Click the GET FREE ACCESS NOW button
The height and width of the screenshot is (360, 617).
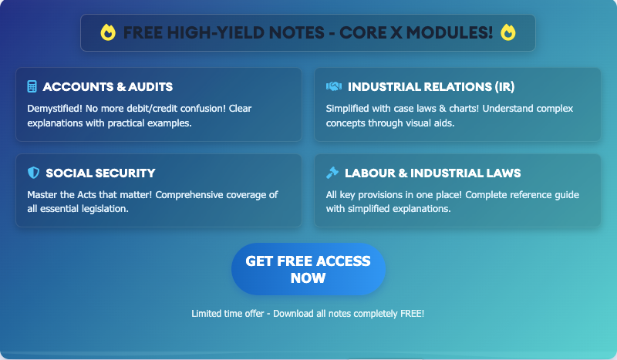[x=308, y=270]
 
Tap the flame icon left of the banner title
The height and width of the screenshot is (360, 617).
[x=108, y=32]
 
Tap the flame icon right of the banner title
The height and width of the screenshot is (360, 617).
[x=507, y=32]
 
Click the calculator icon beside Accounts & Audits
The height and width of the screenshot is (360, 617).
[x=32, y=86]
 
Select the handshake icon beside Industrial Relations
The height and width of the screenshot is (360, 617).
[x=334, y=86]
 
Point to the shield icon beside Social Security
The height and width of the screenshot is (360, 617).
[x=32, y=173]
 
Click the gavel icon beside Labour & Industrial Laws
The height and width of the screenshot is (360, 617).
[x=332, y=173]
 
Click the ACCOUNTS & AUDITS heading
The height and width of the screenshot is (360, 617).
[x=107, y=86]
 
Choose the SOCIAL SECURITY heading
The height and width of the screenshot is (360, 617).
[x=100, y=173]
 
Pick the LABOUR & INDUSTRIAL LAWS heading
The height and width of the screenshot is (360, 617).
[x=433, y=173]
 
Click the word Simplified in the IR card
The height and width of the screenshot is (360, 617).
[x=349, y=109]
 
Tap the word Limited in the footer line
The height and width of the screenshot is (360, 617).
[x=207, y=314]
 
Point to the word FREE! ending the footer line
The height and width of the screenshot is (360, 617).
[x=411, y=314]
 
